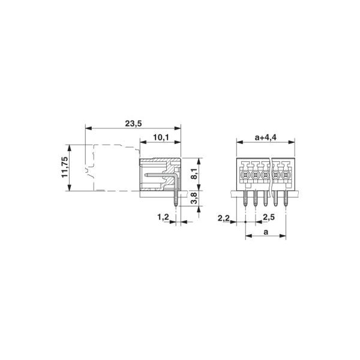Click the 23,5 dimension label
tap(133, 124)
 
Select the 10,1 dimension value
tap(161, 137)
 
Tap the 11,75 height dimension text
tap(65, 167)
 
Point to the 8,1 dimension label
tap(194, 173)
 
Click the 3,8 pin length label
tap(194, 198)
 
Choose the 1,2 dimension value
tap(163, 217)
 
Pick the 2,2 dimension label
tap(224, 218)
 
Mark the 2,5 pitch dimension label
tap(269, 217)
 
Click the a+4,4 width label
tap(266, 137)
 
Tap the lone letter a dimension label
tap(266, 232)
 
